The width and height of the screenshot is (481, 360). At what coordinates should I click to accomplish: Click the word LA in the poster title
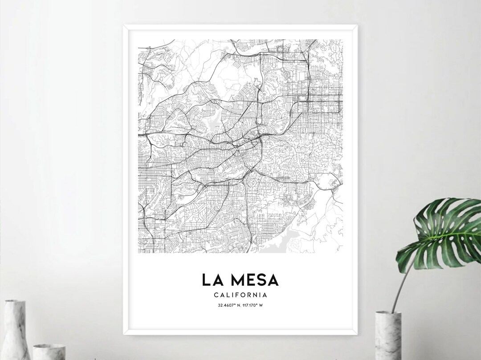click(211, 280)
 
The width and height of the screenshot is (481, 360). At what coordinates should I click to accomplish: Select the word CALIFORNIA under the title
click(240, 295)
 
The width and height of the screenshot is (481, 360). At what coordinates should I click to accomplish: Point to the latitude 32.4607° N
click(228, 305)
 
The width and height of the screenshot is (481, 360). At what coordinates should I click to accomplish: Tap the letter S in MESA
click(260, 280)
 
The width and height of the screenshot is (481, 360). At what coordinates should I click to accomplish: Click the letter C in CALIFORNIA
click(216, 295)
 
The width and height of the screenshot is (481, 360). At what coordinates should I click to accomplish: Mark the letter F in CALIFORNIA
click(236, 295)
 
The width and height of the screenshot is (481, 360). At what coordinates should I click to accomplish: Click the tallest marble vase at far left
click(15, 329)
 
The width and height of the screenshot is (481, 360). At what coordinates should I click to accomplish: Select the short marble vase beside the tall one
click(49, 352)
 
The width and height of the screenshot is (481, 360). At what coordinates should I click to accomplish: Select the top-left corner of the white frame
click(124, 25)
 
